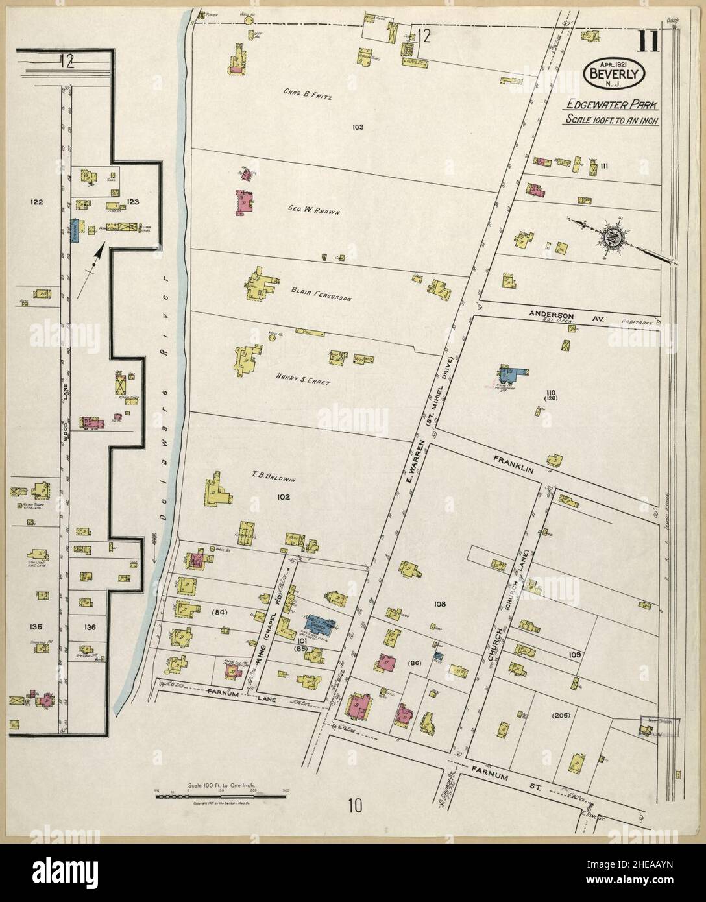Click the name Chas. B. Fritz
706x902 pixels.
point(308,95)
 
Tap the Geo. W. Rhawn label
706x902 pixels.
point(314,209)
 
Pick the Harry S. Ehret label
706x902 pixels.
point(303,381)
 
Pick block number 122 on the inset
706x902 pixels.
point(36,202)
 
